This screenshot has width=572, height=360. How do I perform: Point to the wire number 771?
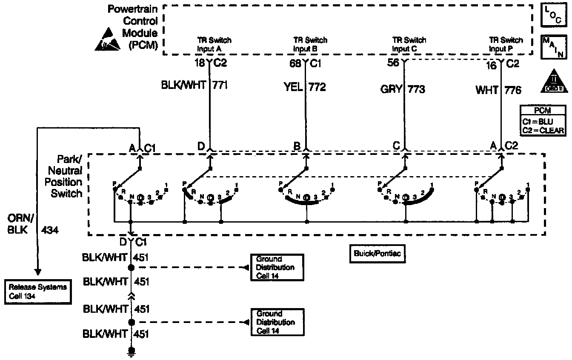(220, 85)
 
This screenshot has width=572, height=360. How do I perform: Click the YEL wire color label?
(293, 87)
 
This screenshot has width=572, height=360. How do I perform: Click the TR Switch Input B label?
(310, 44)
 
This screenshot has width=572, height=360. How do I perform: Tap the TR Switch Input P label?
(506, 44)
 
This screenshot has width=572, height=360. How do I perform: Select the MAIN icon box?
(553, 47)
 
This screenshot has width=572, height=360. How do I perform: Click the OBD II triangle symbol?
(554, 82)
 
